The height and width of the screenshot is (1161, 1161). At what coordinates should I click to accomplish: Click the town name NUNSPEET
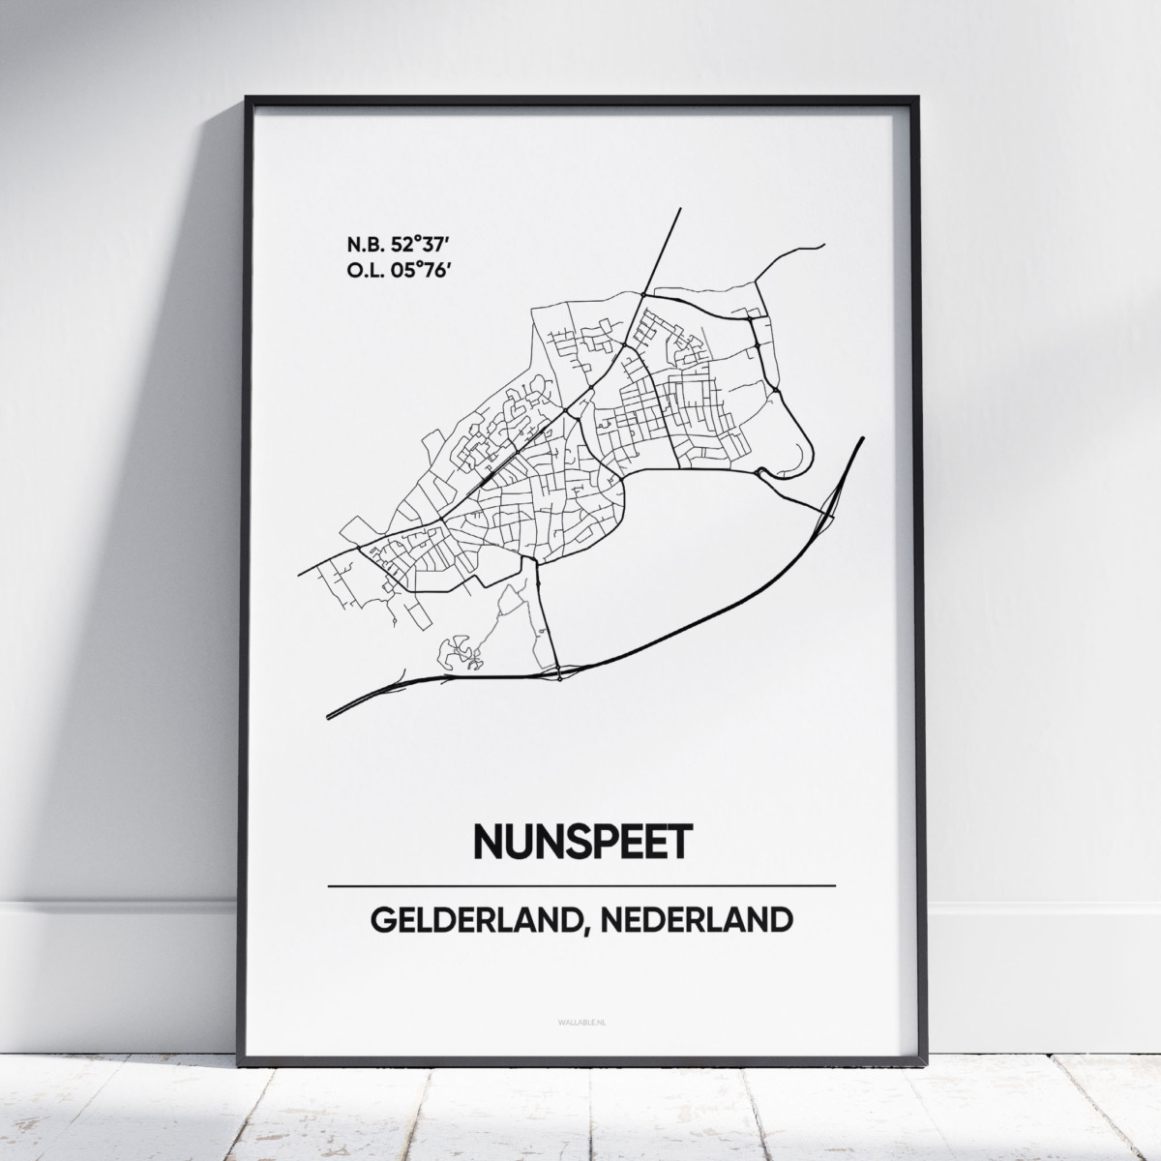[x=581, y=841]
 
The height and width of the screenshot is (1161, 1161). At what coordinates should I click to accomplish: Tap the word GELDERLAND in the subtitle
[x=478, y=920]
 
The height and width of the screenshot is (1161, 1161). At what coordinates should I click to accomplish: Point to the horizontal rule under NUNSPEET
[x=581, y=885]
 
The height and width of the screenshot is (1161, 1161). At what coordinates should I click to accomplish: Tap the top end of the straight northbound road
[x=679, y=208]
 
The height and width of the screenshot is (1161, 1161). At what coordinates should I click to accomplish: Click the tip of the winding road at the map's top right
[x=823, y=246]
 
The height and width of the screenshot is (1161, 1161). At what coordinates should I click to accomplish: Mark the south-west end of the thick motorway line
[x=329, y=716]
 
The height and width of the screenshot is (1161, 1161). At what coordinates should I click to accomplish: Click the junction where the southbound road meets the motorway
[x=558, y=670]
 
